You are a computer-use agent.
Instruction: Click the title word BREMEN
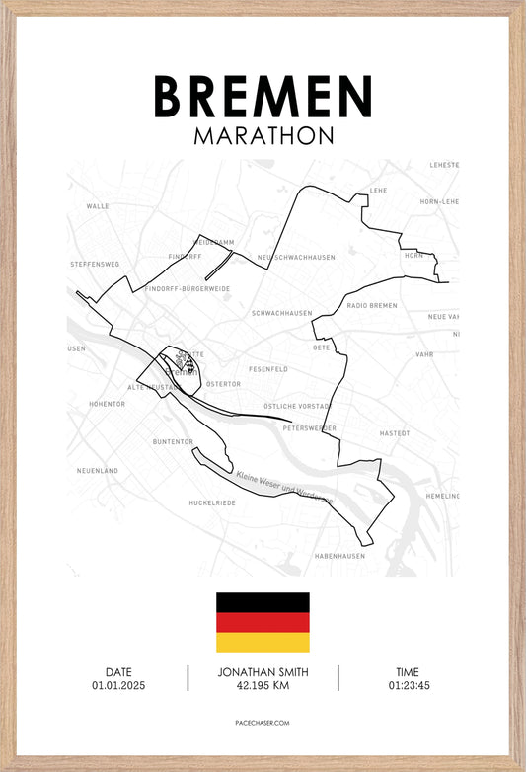point(263,96)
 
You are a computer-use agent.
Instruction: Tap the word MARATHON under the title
point(263,135)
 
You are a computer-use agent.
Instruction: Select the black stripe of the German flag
point(263,602)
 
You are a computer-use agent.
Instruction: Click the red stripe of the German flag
point(263,622)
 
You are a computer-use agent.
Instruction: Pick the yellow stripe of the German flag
point(263,642)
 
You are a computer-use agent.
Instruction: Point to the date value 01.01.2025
point(118,685)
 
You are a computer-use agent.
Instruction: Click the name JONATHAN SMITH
point(263,672)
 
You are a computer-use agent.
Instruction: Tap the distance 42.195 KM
point(263,685)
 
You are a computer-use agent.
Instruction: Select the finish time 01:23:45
point(409,685)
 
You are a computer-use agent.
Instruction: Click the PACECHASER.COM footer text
point(263,724)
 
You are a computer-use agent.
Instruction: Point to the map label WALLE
point(98,206)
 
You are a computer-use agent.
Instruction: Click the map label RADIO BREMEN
point(372,306)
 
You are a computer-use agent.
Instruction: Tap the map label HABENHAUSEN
point(339,556)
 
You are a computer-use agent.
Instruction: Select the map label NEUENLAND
point(98,471)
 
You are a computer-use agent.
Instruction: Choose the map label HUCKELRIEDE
point(212,502)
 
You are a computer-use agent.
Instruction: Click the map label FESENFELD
point(268,369)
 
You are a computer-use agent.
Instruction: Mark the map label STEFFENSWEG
point(95,265)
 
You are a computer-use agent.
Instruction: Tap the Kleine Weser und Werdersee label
point(284,488)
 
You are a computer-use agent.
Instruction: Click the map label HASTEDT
point(394,433)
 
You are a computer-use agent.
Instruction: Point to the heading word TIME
point(409,672)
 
